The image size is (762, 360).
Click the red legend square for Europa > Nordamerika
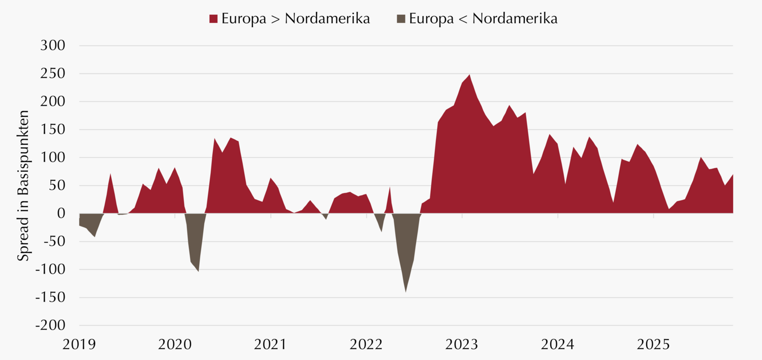coord(213,19)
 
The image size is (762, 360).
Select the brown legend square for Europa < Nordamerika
coord(401,19)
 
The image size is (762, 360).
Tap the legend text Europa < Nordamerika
coord(483,19)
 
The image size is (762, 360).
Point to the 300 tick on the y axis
coord(53,46)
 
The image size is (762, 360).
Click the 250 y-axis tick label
coord(53,74)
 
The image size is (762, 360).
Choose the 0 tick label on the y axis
coord(60,213)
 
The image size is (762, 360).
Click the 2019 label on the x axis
coord(79,345)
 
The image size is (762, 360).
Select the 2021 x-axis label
coord(271,345)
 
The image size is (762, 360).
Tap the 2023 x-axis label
coord(462,345)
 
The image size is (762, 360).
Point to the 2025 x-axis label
coord(654,345)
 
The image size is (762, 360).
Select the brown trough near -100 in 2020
coord(198,269)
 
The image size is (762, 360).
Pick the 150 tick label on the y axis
coord(53,129)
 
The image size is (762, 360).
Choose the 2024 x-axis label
coord(558,345)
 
